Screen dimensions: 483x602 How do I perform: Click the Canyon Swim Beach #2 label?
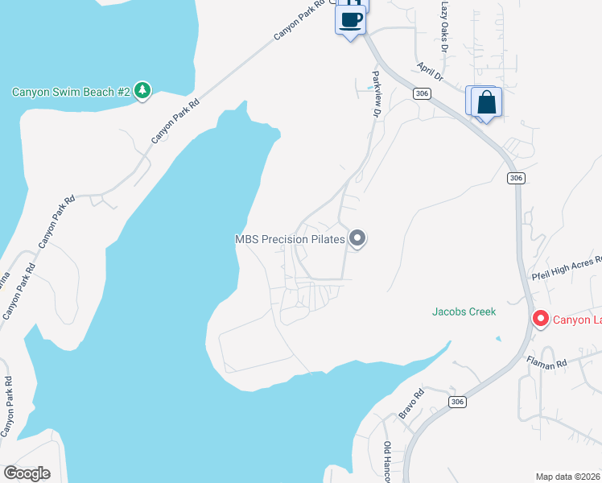pyautogui.click(x=71, y=92)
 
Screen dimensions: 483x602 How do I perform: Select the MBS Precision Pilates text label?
pyautogui.click(x=290, y=239)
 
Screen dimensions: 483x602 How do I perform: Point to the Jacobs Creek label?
pyautogui.click(x=464, y=312)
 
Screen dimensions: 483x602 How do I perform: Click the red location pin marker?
pyautogui.click(x=541, y=320)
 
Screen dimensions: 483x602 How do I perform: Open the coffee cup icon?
pyautogui.click(x=350, y=20)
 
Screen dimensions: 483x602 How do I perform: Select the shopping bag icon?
pyautogui.click(x=486, y=103)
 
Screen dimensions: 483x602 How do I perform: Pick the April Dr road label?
pyautogui.click(x=430, y=72)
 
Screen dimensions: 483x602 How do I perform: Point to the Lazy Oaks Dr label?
pyautogui.click(x=443, y=25)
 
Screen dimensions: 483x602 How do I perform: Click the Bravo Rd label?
pyautogui.click(x=410, y=405)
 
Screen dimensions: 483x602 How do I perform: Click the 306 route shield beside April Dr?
pyautogui.click(x=423, y=94)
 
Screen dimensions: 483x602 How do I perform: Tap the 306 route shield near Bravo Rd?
pyautogui.click(x=457, y=402)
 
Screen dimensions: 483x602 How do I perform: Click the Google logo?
pyautogui.click(x=27, y=473)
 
